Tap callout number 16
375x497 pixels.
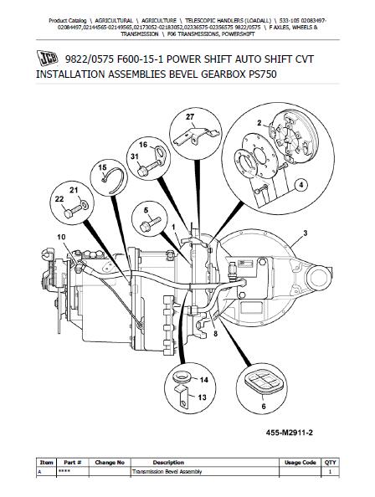coord(143,145)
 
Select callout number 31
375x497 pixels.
coord(133,158)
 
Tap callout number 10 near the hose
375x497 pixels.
coord(60,238)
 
